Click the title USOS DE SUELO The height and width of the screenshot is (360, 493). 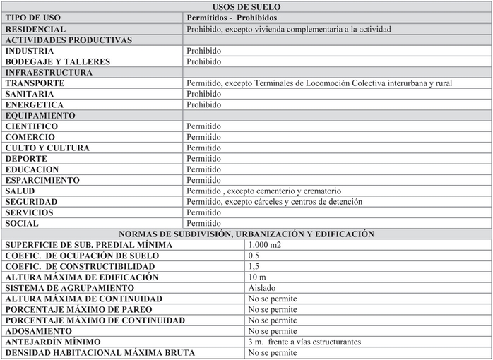coord(246,7)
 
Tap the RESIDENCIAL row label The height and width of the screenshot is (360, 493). coord(35,30)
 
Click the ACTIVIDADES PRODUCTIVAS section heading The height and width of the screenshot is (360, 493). coord(69,40)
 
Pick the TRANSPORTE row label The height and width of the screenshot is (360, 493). coord(35,83)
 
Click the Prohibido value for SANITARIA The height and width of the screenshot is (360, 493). coord(204,94)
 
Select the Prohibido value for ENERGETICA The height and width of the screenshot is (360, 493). coord(204,104)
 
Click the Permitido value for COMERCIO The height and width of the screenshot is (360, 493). coord(204,137)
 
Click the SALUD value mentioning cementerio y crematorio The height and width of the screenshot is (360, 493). coord(263,191)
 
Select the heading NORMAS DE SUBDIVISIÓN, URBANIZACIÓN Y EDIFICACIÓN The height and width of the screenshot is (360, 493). coord(246,234)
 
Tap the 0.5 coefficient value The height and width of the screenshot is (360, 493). coord(254,255)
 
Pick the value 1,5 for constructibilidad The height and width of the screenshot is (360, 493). coord(254,266)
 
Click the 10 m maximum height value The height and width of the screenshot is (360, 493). coord(257,277)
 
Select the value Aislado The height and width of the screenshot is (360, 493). coord(262,287)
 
